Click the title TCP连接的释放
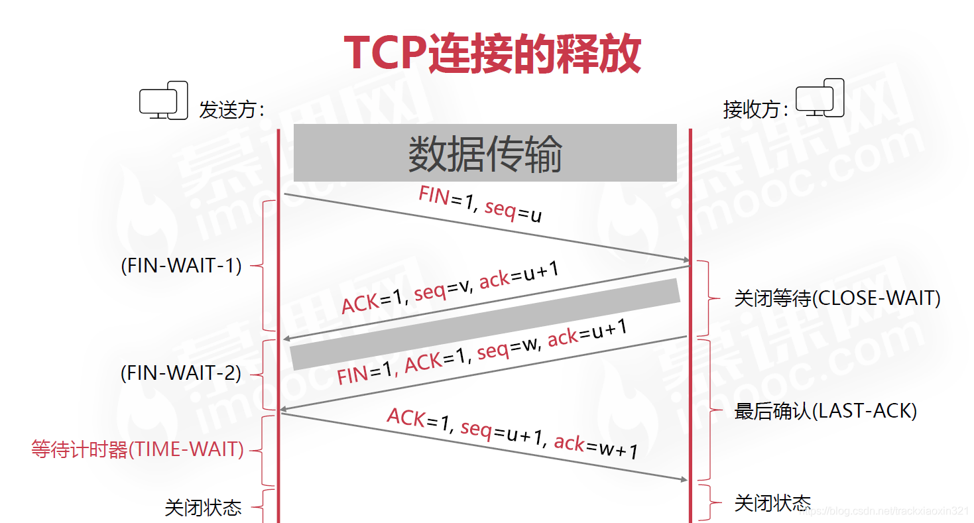(492, 53)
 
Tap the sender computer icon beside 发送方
(164, 101)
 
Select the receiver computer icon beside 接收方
(820, 98)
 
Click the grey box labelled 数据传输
(485, 152)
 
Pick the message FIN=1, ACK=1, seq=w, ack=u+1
(482, 352)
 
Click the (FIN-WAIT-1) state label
(181, 266)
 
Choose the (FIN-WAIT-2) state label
(181, 373)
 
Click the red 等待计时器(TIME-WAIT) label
(137, 449)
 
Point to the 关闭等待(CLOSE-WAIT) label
(837, 298)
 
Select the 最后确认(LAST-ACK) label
(825, 411)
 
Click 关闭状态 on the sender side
(203, 508)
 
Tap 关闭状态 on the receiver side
(772, 502)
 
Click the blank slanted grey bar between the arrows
(485, 324)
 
